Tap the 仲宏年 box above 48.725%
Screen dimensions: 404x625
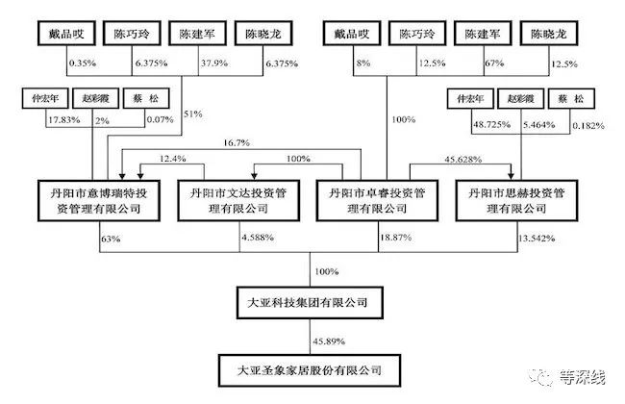[x=469, y=98]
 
